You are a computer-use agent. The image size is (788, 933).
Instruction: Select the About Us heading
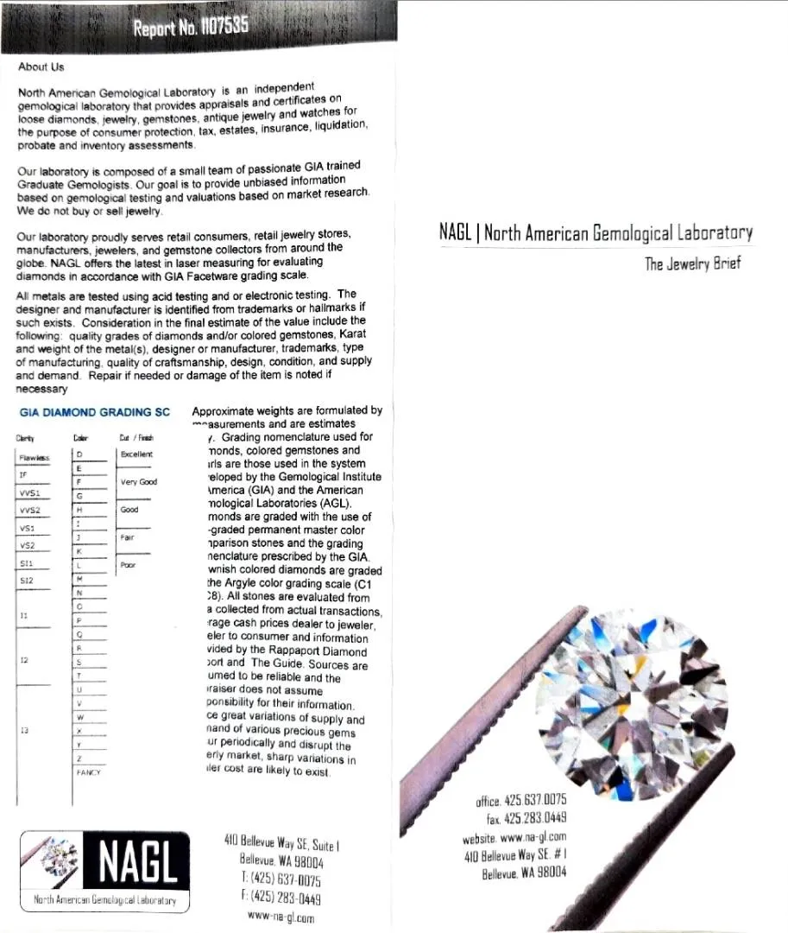(41, 67)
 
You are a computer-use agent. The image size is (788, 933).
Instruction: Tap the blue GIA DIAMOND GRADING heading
(100, 412)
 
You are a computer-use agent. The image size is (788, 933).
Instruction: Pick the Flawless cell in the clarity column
(35, 458)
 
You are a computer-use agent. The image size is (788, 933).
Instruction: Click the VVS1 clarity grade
(30, 492)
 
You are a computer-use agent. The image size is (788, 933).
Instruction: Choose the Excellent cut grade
(136, 454)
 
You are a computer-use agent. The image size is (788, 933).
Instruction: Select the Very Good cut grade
(139, 482)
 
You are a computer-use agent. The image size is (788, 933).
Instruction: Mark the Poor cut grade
(129, 565)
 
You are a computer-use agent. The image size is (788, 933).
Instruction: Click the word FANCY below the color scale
(88, 772)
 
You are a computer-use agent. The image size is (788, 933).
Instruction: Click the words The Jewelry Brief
(692, 263)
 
